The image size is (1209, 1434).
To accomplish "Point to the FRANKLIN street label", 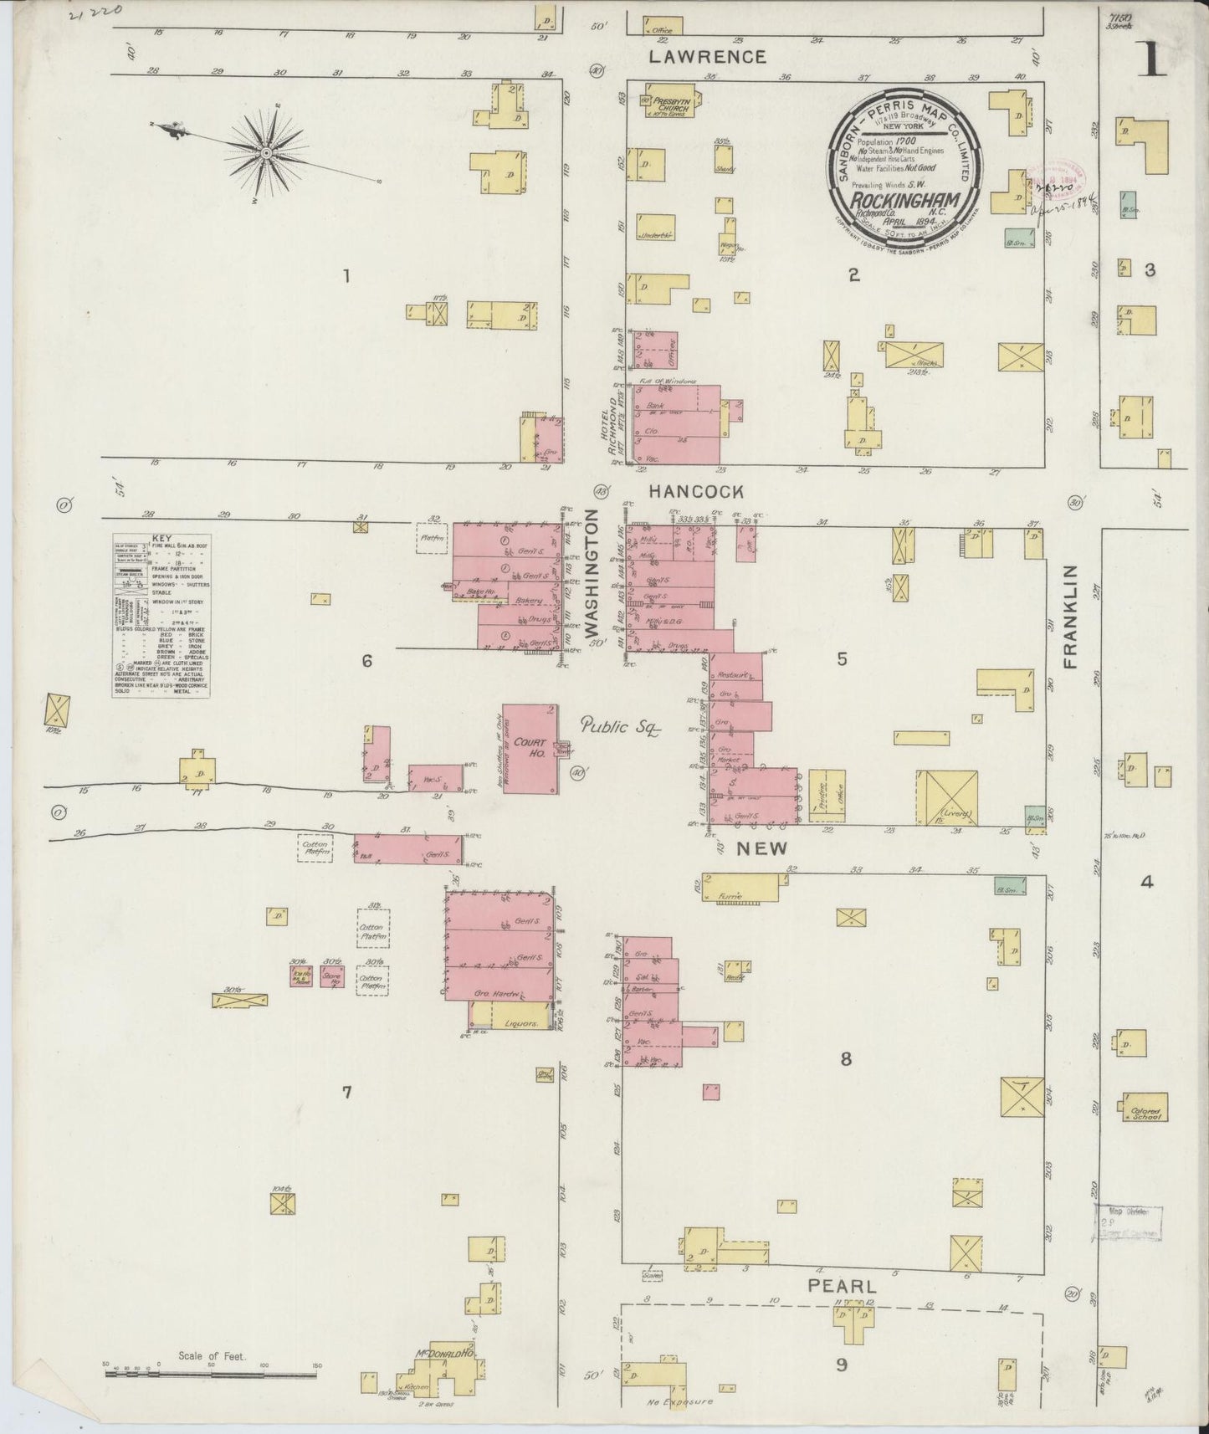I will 1072,616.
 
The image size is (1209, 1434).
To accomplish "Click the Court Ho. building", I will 530,749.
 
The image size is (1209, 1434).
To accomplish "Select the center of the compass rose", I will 265,152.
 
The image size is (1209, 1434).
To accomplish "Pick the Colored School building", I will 1145,1107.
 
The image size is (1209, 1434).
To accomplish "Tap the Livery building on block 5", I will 946,798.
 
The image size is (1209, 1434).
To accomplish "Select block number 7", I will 346,1092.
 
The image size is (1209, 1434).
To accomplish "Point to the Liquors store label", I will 520,1022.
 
